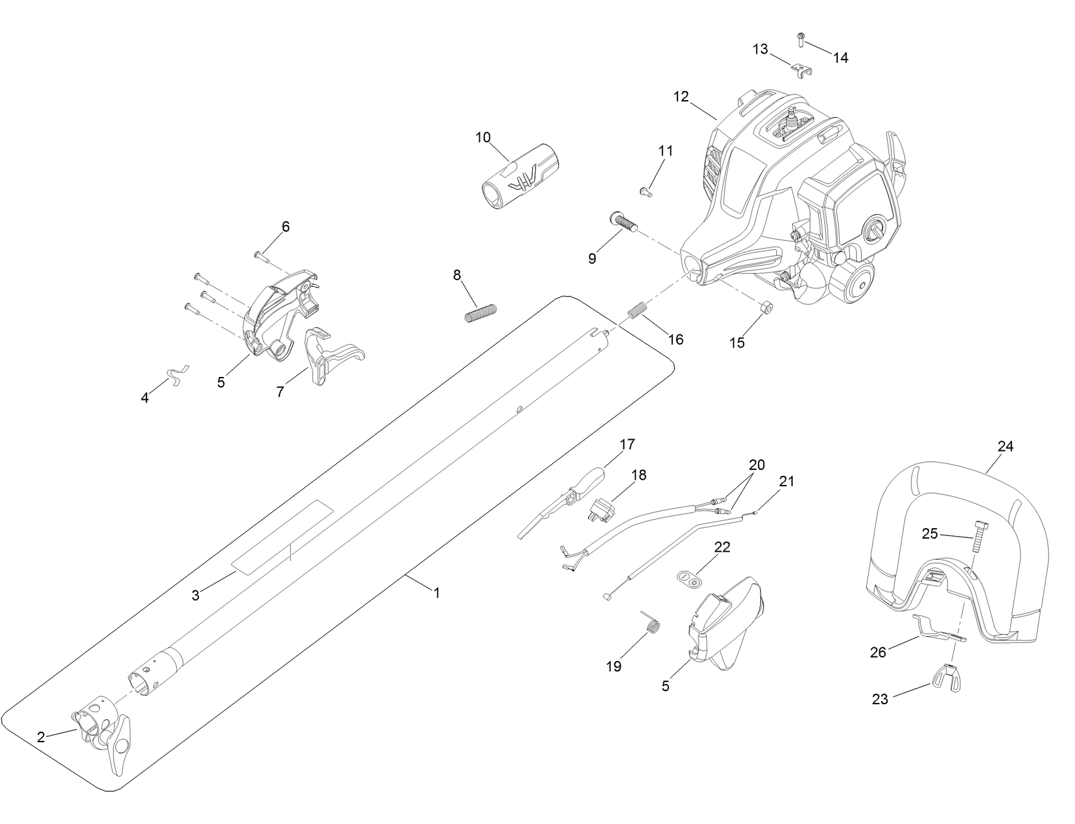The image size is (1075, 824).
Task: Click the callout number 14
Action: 841,58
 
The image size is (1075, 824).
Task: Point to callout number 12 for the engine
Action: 681,96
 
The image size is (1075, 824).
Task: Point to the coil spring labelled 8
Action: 482,313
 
